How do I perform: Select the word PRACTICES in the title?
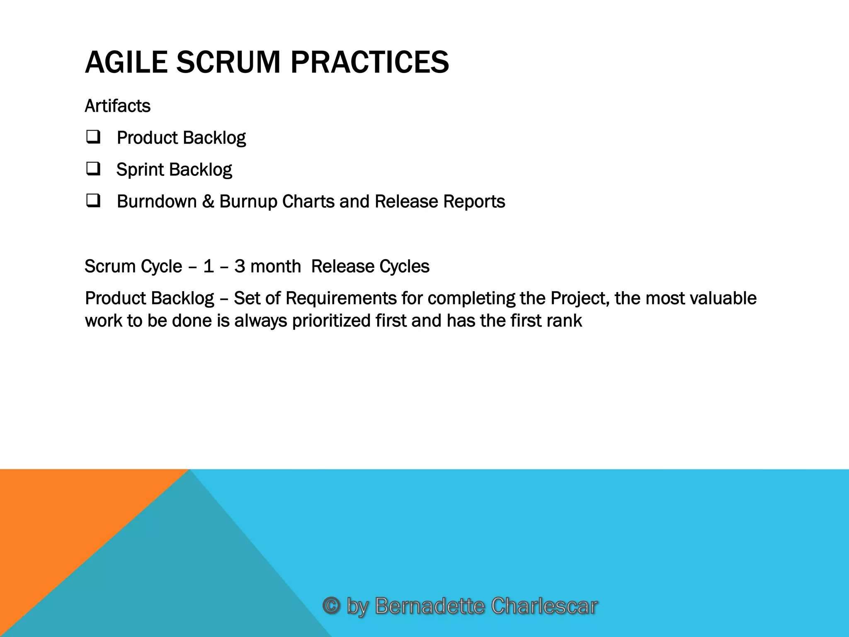click(369, 62)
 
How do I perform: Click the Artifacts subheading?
click(117, 106)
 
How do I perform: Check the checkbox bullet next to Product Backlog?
click(93, 137)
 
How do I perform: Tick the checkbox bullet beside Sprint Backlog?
click(93, 169)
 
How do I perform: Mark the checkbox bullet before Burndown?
click(93, 201)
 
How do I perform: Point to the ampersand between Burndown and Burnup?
click(208, 202)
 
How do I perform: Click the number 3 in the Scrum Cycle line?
click(240, 266)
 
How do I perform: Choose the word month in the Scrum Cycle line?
click(276, 266)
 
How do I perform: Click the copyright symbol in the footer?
click(331, 606)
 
